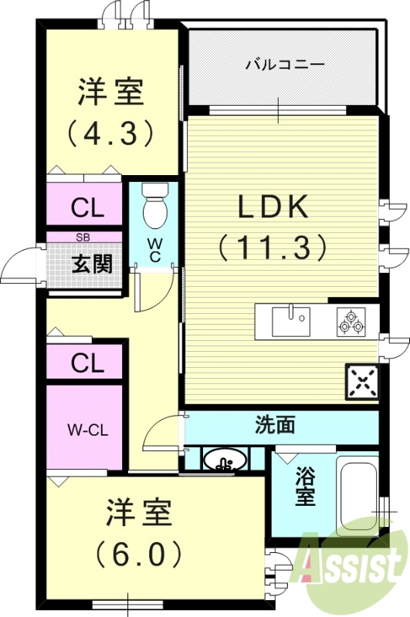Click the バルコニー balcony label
pyautogui.click(x=284, y=65)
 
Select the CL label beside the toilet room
pyautogui.click(x=87, y=207)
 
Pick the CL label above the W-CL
pyautogui.click(x=87, y=363)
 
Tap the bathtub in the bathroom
pyautogui.click(x=357, y=494)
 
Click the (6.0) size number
pyautogui.click(x=140, y=554)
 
